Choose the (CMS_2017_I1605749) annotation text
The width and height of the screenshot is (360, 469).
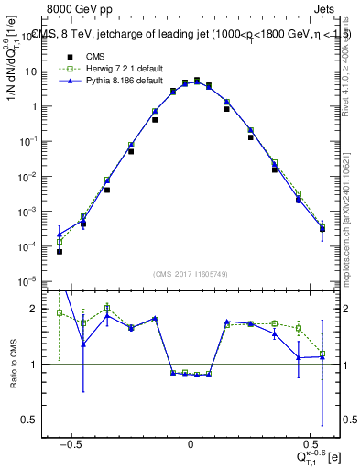click(191, 274)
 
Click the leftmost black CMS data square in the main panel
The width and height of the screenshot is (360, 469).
click(59, 251)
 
